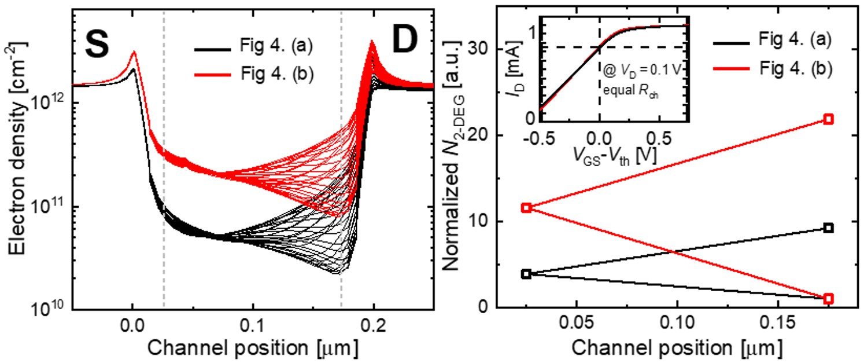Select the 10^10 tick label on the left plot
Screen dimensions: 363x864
coord(51,310)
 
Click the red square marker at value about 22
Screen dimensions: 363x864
coord(829,119)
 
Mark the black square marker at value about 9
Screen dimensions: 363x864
coord(829,228)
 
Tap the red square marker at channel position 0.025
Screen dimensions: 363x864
coord(526,207)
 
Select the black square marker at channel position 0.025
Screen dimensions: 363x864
coord(526,274)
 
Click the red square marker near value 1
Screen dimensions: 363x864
coord(829,299)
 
